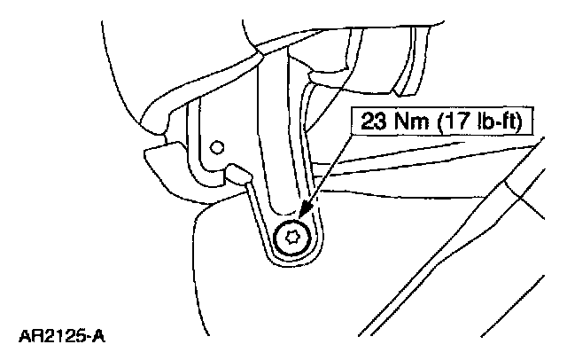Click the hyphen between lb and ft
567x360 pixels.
(499, 121)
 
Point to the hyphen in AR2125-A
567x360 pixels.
(89, 338)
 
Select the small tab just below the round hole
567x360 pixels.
(236, 171)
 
